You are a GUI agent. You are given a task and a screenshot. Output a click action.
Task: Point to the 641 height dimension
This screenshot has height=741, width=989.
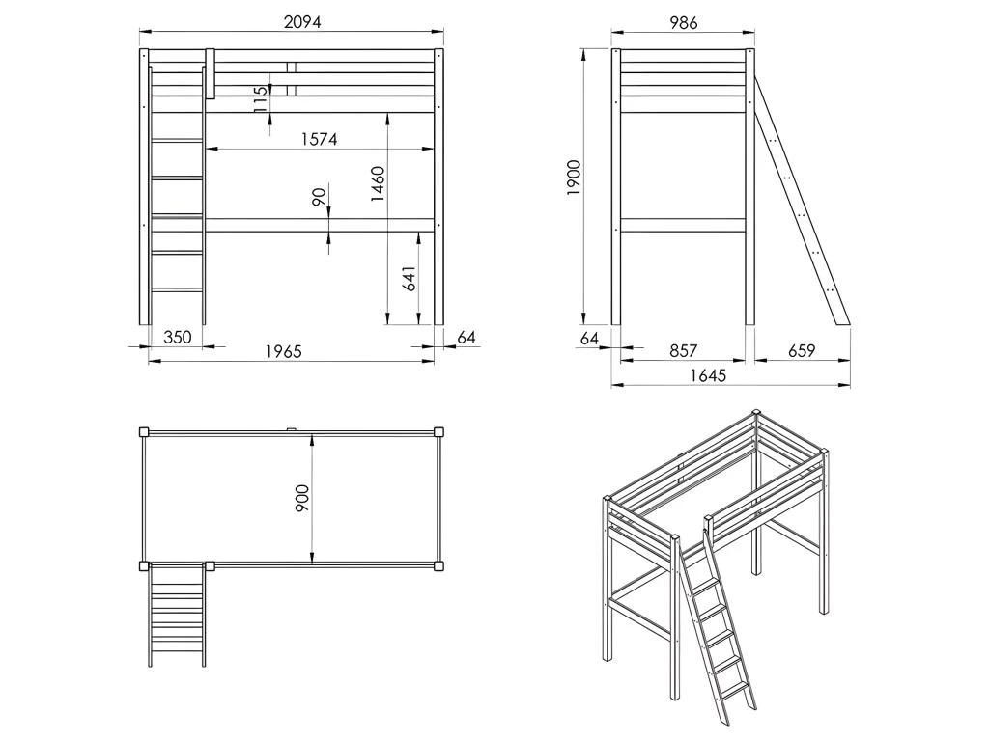tap(409, 280)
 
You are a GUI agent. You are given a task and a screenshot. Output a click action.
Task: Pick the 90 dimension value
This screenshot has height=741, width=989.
tap(319, 198)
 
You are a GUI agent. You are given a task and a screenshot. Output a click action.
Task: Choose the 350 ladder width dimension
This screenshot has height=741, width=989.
tap(176, 337)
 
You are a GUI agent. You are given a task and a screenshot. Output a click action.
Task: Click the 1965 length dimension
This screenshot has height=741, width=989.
tap(284, 352)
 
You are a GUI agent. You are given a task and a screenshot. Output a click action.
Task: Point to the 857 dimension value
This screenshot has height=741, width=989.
tap(682, 351)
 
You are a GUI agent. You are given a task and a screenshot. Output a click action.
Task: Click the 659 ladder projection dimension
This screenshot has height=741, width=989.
tap(801, 351)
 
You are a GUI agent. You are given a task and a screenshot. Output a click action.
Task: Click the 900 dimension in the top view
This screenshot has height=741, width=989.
tap(301, 498)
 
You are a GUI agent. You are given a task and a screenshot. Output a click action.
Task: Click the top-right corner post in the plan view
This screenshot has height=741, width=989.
tap(439, 432)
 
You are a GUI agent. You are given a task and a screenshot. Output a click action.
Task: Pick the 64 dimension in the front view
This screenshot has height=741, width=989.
tap(466, 337)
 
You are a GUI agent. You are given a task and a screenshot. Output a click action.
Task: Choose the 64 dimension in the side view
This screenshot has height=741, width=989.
tap(591, 337)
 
